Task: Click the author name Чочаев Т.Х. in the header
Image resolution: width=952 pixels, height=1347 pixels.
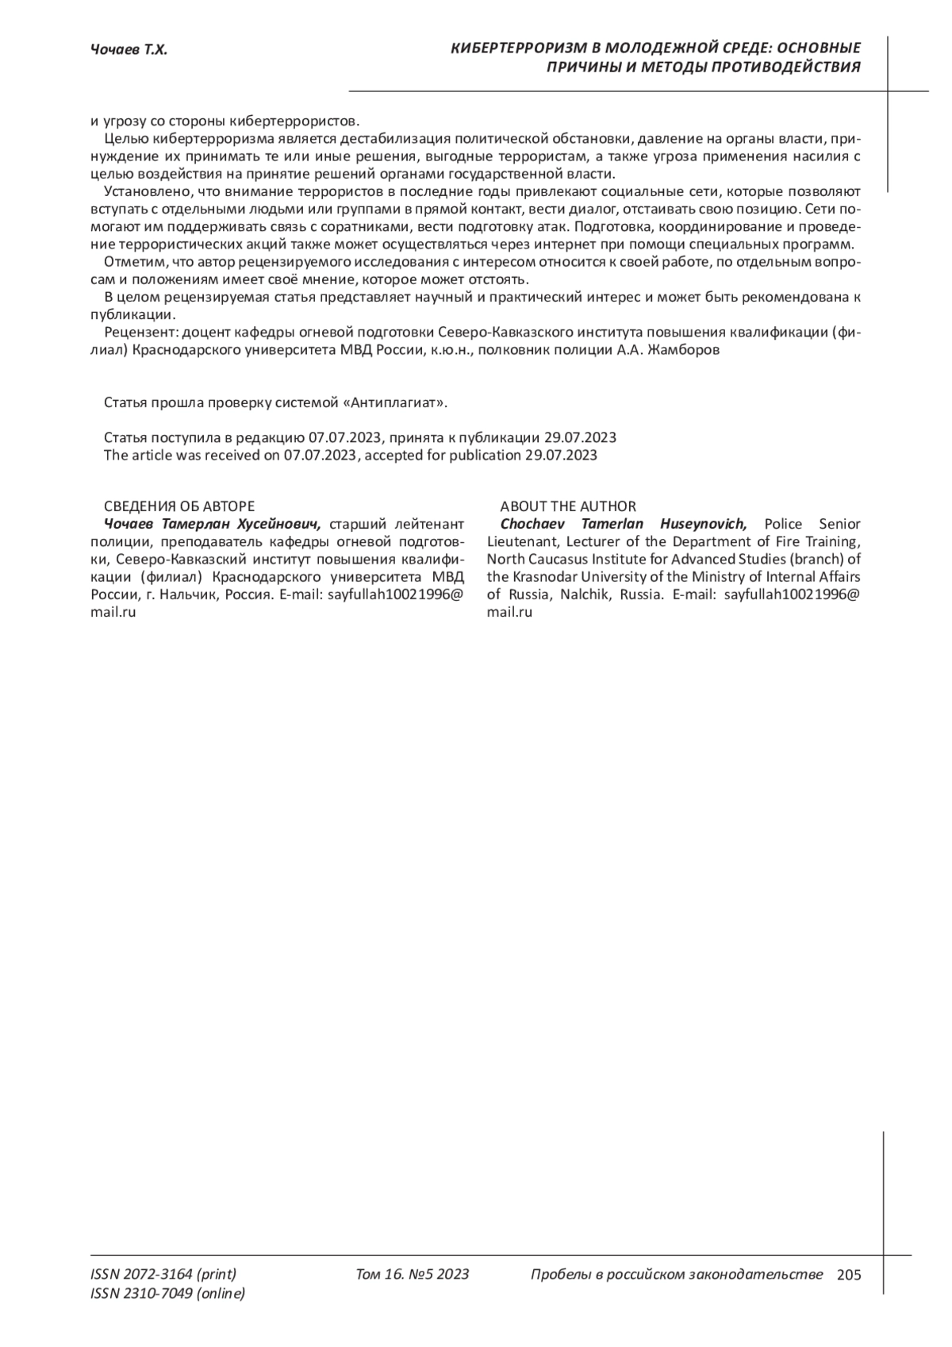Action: [129, 51]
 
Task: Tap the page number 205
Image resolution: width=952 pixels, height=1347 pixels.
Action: [848, 1276]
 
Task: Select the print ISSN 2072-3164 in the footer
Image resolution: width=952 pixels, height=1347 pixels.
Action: [163, 1275]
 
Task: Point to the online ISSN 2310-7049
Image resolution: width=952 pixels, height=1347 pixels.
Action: [168, 1294]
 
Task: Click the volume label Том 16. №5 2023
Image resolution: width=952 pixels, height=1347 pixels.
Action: [413, 1275]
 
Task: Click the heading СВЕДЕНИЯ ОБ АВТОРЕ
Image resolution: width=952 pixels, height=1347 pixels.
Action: [179, 506]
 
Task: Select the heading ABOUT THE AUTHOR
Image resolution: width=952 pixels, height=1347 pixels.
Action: [567, 506]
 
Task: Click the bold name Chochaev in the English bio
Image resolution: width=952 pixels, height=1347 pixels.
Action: [534, 524]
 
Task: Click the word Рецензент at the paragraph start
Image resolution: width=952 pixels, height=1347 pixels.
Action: [136, 333]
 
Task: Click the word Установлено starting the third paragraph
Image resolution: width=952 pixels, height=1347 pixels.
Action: [145, 192]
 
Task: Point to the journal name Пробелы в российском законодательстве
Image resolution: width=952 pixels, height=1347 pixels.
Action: [677, 1275]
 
